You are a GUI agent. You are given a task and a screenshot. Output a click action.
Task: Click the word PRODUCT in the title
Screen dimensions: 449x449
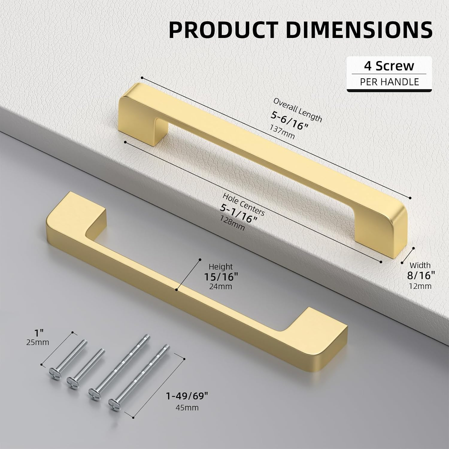click(223, 30)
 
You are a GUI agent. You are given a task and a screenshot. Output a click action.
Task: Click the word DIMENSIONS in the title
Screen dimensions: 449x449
click(359, 30)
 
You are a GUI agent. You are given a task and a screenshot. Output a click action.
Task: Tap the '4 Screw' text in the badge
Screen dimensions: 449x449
click(389, 66)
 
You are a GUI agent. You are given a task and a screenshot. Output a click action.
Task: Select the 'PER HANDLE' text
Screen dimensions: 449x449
click(389, 82)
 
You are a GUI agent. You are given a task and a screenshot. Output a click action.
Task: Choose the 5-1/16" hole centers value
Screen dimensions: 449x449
click(239, 213)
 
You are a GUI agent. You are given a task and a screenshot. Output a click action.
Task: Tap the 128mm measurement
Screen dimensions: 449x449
click(232, 223)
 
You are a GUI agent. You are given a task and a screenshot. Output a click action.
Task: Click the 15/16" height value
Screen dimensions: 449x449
click(221, 277)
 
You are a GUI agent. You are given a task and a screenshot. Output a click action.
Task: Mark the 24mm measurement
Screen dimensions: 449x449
click(221, 286)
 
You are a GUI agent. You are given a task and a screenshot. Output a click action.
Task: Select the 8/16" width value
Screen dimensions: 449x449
click(421, 275)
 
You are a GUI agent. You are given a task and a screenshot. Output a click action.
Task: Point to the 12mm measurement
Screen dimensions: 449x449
click(420, 286)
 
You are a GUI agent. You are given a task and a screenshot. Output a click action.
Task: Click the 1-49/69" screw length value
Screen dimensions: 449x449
click(187, 396)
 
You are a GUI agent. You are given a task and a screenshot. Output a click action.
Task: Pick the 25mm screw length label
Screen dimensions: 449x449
click(38, 342)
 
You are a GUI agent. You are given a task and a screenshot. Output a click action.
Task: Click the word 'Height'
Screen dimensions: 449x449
click(221, 266)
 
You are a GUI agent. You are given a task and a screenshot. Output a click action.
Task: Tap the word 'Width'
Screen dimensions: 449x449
click(420, 265)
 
